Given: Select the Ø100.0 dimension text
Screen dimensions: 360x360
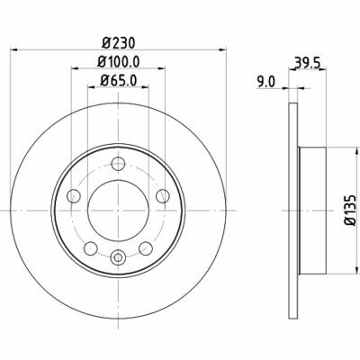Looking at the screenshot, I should pos(117,64).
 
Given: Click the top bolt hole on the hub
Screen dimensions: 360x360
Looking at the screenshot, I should pos(118,164).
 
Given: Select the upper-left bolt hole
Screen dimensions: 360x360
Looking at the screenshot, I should pos(75,194).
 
